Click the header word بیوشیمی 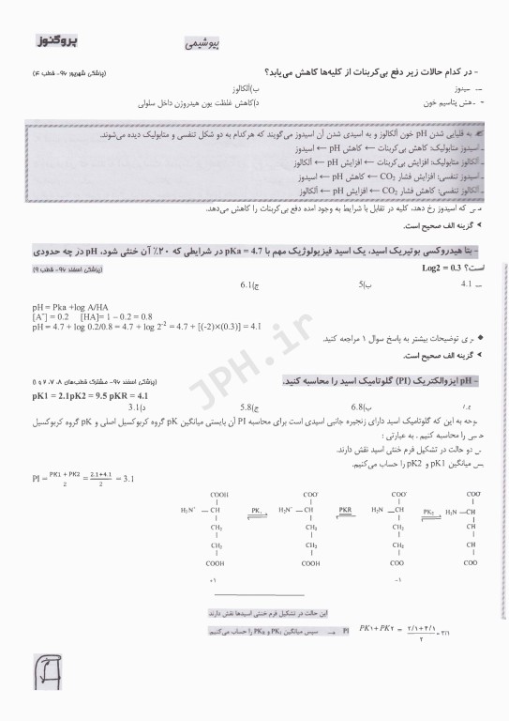pos(202,44)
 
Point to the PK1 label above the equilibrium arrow pos(256,508)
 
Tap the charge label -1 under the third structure pos(398,580)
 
